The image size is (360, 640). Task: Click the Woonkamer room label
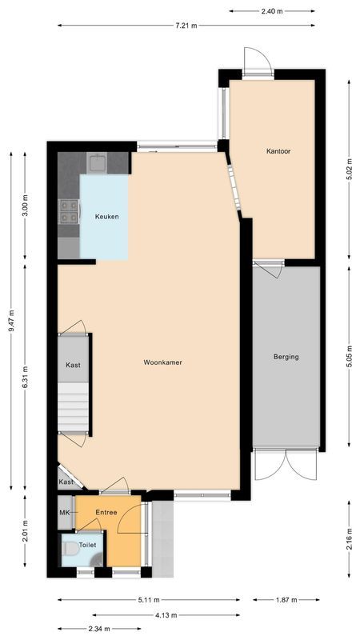coord(162,362)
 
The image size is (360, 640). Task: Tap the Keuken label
coord(106,217)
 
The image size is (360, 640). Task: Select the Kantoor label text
coord(278,150)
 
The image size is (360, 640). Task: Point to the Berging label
coord(286,357)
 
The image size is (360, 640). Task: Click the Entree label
coord(106,512)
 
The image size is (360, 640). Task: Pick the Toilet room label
coord(87,545)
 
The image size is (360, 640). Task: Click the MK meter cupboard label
coord(65,512)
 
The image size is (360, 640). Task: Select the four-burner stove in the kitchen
coord(68,210)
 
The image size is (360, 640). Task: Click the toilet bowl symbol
coord(70,550)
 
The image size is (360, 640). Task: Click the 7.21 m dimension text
coord(186,26)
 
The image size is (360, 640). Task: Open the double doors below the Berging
coord(286,463)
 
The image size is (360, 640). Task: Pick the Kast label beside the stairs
coord(73,365)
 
